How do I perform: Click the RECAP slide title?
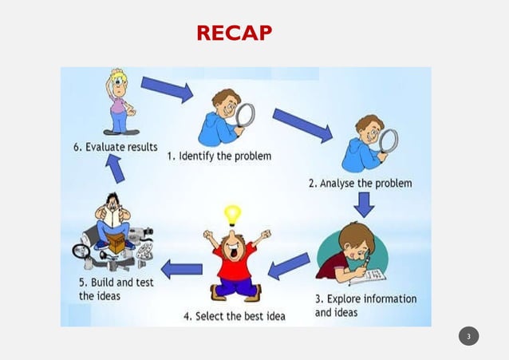click(x=234, y=33)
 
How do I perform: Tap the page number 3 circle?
click(x=468, y=336)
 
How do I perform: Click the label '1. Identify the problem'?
click(x=219, y=156)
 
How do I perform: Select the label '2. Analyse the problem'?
click(x=360, y=184)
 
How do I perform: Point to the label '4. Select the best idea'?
click(x=234, y=316)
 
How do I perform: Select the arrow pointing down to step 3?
click(x=364, y=205)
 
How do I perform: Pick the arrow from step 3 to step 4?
click(x=288, y=266)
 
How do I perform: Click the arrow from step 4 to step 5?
click(x=182, y=269)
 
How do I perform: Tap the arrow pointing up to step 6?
click(x=115, y=168)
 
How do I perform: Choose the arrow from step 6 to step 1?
click(x=167, y=89)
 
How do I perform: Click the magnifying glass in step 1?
click(x=245, y=115)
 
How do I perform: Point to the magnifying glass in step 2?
click(x=388, y=140)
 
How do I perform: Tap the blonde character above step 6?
click(x=119, y=101)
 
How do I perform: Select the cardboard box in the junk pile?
click(x=116, y=242)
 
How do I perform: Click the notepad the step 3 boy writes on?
click(x=367, y=275)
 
